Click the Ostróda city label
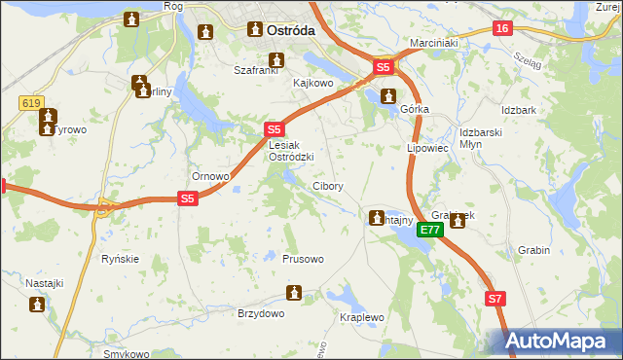[290, 30]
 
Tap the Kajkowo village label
[313, 84]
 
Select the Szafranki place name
[256, 70]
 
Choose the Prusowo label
[303, 259]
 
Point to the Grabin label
[534, 250]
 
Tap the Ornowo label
[210, 177]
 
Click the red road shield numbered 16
[501, 28]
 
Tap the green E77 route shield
[432, 230]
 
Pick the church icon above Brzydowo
[293, 293]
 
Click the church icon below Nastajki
[38, 305]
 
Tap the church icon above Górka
[388, 96]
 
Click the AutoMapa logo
[560, 342]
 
